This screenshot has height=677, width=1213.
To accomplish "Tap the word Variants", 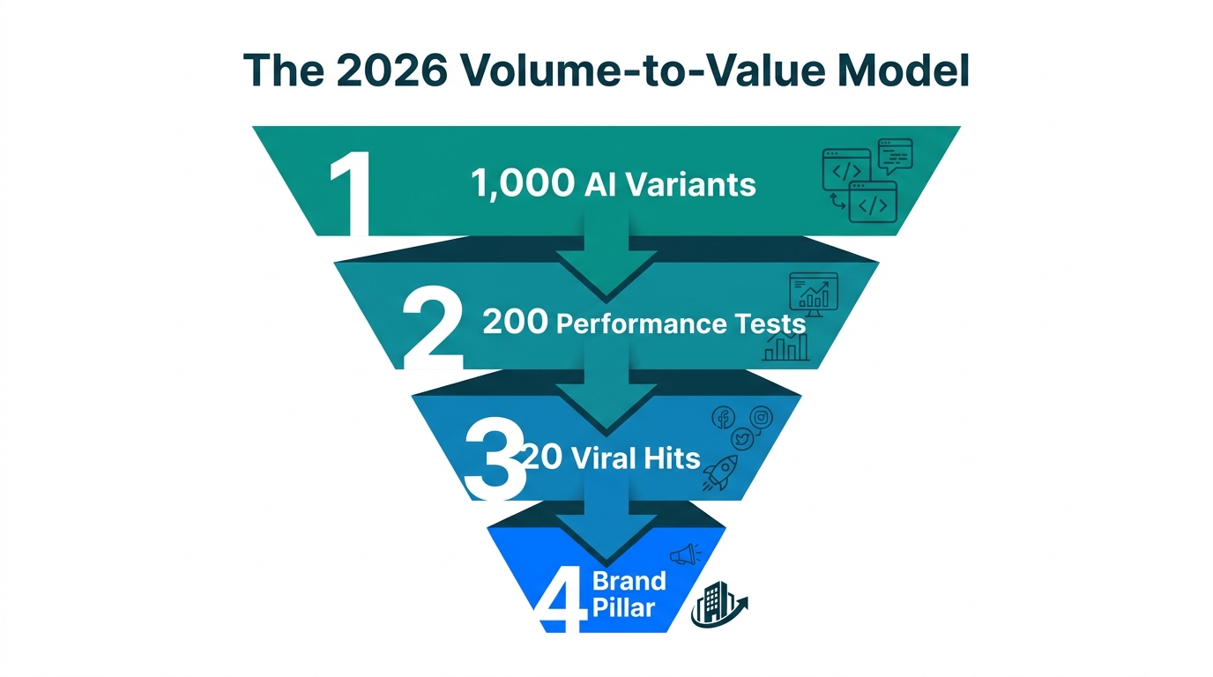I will tap(696, 184).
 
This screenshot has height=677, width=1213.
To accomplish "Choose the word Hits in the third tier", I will tap(674, 458).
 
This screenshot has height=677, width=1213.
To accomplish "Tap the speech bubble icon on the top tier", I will tap(896, 157).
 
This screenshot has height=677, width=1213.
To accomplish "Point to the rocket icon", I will tap(720, 473).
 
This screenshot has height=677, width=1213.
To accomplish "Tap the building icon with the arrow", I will tap(716, 606).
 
